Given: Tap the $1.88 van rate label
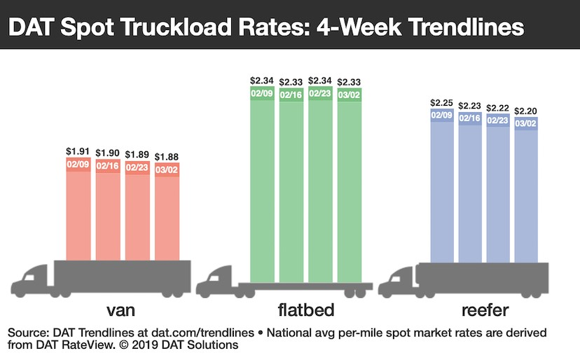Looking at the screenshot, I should point(167,156).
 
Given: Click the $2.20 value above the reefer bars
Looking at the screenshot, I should point(527,111).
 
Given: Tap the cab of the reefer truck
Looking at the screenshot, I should point(396,282).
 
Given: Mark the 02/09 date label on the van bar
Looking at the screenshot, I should point(78,164).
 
